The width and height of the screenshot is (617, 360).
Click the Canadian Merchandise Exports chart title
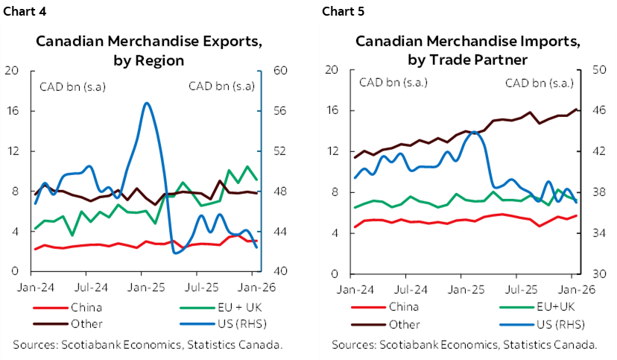tap(148, 50)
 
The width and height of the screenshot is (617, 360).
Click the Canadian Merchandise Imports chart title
tap(462, 49)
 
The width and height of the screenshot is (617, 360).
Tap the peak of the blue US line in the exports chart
tap(147, 104)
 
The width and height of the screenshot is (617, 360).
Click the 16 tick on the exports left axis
tap(12, 111)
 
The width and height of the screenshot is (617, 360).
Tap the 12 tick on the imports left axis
tap(332, 151)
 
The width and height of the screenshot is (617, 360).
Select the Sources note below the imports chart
tap(464, 344)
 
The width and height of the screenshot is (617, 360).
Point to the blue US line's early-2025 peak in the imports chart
tap(473, 133)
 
